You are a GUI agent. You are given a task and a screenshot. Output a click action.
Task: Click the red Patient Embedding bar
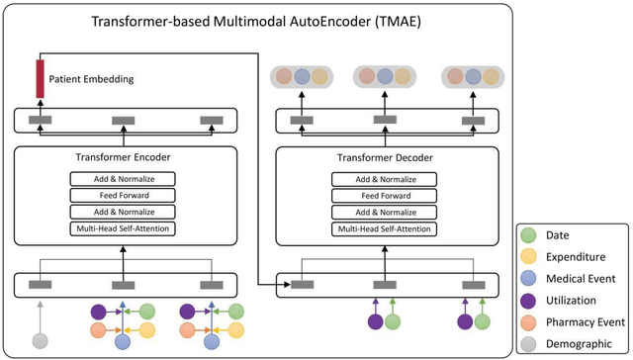pos(41,79)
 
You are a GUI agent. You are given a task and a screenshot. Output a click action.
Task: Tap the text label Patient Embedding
pos(95,78)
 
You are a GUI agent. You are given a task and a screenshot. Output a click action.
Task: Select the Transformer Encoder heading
pos(122,156)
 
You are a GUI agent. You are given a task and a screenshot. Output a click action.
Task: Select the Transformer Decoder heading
pos(384,156)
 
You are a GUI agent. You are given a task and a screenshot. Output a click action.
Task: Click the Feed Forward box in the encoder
pos(122,196)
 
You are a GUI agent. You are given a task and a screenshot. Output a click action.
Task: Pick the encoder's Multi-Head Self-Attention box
pos(122,229)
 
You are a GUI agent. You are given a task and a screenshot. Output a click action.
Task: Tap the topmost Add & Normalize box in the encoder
pos(122,179)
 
